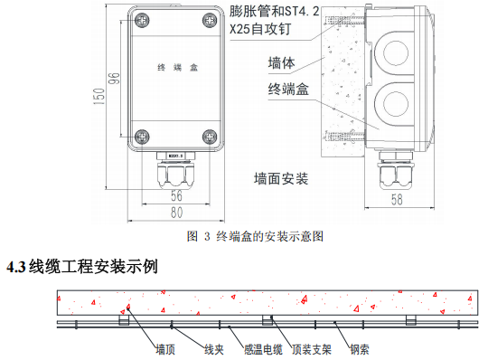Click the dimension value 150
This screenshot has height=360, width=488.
99,94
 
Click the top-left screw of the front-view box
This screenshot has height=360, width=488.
141,19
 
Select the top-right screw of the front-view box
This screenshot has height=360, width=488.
209,19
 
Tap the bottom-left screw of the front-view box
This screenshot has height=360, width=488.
141,137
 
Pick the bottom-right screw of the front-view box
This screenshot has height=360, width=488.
209,137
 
